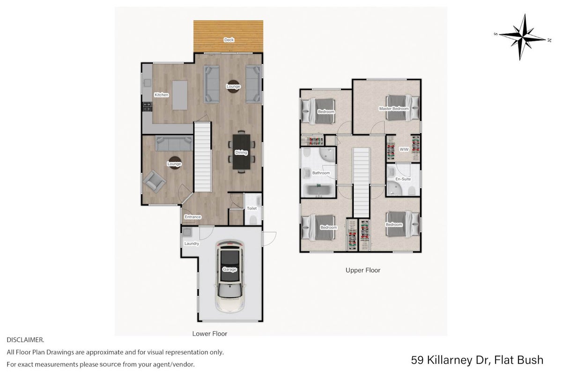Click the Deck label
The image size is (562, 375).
(x=229, y=40)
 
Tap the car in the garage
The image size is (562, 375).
(x=229, y=276)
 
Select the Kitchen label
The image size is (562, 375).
(x=161, y=95)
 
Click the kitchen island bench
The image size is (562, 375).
(x=180, y=95)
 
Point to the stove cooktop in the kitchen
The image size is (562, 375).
(x=148, y=106)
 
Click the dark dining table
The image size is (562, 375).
(x=241, y=152)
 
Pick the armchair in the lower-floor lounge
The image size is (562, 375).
(x=154, y=181)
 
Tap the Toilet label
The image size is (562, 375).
(x=251, y=208)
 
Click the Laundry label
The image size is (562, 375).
(x=192, y=243)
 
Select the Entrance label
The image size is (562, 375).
(x=192, y=217)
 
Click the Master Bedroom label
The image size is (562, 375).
(x=394, y=109)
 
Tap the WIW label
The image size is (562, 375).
(x=404, y=150)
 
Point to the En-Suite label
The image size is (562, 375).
(x=403, y=179)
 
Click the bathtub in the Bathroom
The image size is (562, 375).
(x=319, y=190)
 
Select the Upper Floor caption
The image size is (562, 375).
(x=363, y=270)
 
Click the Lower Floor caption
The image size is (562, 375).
(x=209, y=334)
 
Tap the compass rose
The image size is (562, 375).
(x=522, y=37)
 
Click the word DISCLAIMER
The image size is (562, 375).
(x=25, y=340)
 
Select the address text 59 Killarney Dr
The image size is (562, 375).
(x=450, y=360)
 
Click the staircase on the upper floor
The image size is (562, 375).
(x=361, y=183)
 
